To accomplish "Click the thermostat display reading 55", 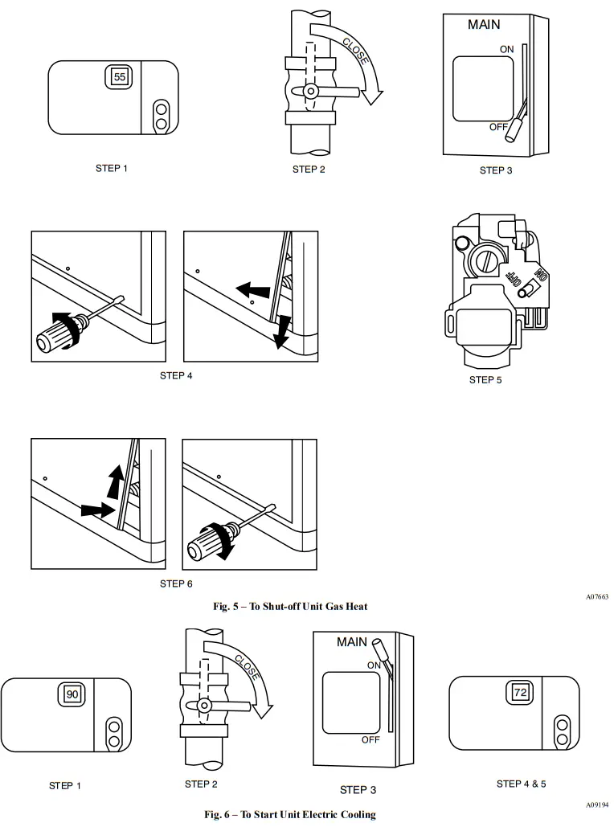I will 119,77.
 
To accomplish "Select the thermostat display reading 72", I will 519,692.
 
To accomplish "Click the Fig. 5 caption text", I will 290,606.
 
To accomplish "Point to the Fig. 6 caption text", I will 289,814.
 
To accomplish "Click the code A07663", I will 596,597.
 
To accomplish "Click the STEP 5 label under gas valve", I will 485,379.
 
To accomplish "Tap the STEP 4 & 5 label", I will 521,784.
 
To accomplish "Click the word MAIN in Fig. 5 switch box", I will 484,25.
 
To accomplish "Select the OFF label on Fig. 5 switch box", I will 499,127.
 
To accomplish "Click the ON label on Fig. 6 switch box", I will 374,665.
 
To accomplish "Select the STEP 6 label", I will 176,583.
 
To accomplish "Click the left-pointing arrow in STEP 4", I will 253,289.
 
